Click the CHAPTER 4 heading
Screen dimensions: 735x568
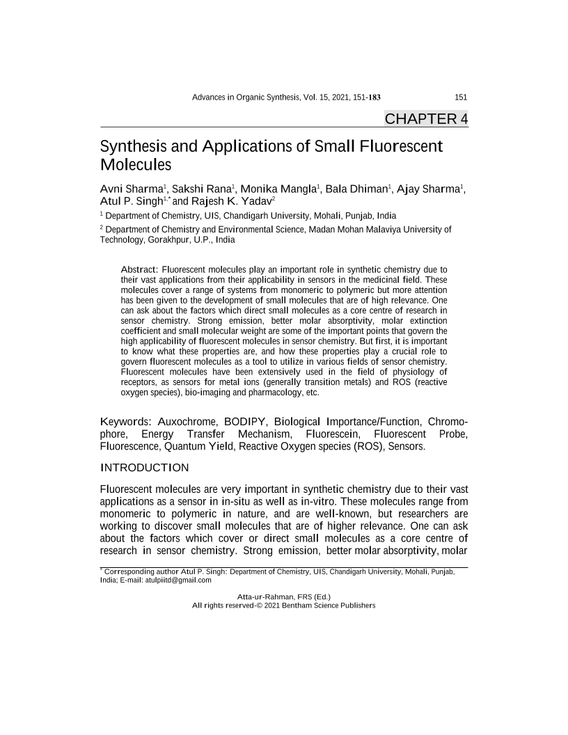click(426, 119)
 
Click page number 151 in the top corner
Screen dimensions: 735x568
click(460, 97)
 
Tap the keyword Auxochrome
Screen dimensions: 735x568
click(187, 422)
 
